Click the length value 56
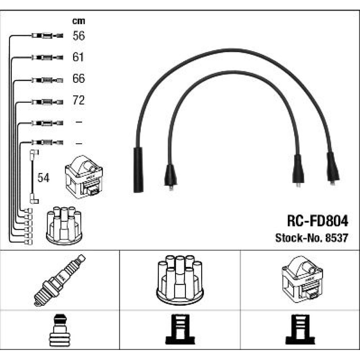click(x=78, y=36)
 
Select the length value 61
click(x=78, y=57)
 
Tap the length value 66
click(x=78, y=78)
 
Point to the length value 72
click(x=78, y=100)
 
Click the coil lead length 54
click(x=44, y=177)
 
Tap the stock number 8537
click(x=339, y=238)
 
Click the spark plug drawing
click(x=60, y=280)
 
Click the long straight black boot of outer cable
click(x=138, y=169)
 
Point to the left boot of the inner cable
click(x=170, y=176)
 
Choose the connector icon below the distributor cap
click(x=180, y=330)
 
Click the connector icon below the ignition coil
click(x=301, y=330)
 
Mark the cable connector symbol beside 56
click(x=47, y=36)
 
